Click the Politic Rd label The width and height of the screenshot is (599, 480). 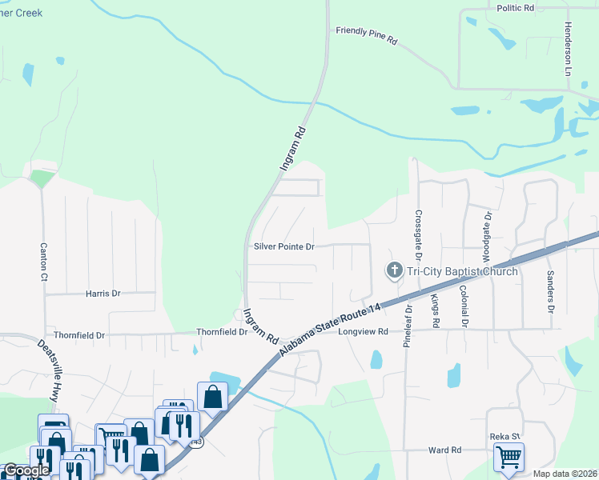(x=515, y=8)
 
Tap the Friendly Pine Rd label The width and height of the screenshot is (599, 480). (x=367, y=36)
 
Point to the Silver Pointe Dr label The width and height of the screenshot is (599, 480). (x=284, y=247)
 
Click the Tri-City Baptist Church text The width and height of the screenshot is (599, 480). (x=462, y=271)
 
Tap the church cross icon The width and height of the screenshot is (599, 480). (x=394, y=271)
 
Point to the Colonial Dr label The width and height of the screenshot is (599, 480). (x=464, y=306)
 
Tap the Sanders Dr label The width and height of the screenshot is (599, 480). (x=551, y=290)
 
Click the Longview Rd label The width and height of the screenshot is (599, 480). (x=363, y=331)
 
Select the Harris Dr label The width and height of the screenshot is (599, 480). (x=103, y=294)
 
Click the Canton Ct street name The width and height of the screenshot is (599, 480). (x=44, y=262)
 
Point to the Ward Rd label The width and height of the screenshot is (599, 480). (x=444, y=450)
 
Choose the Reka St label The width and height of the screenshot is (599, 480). (x=505, y=437)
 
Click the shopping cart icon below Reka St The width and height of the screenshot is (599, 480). (x=509, y=458)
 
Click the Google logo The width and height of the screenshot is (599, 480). (x=27, y=470)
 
